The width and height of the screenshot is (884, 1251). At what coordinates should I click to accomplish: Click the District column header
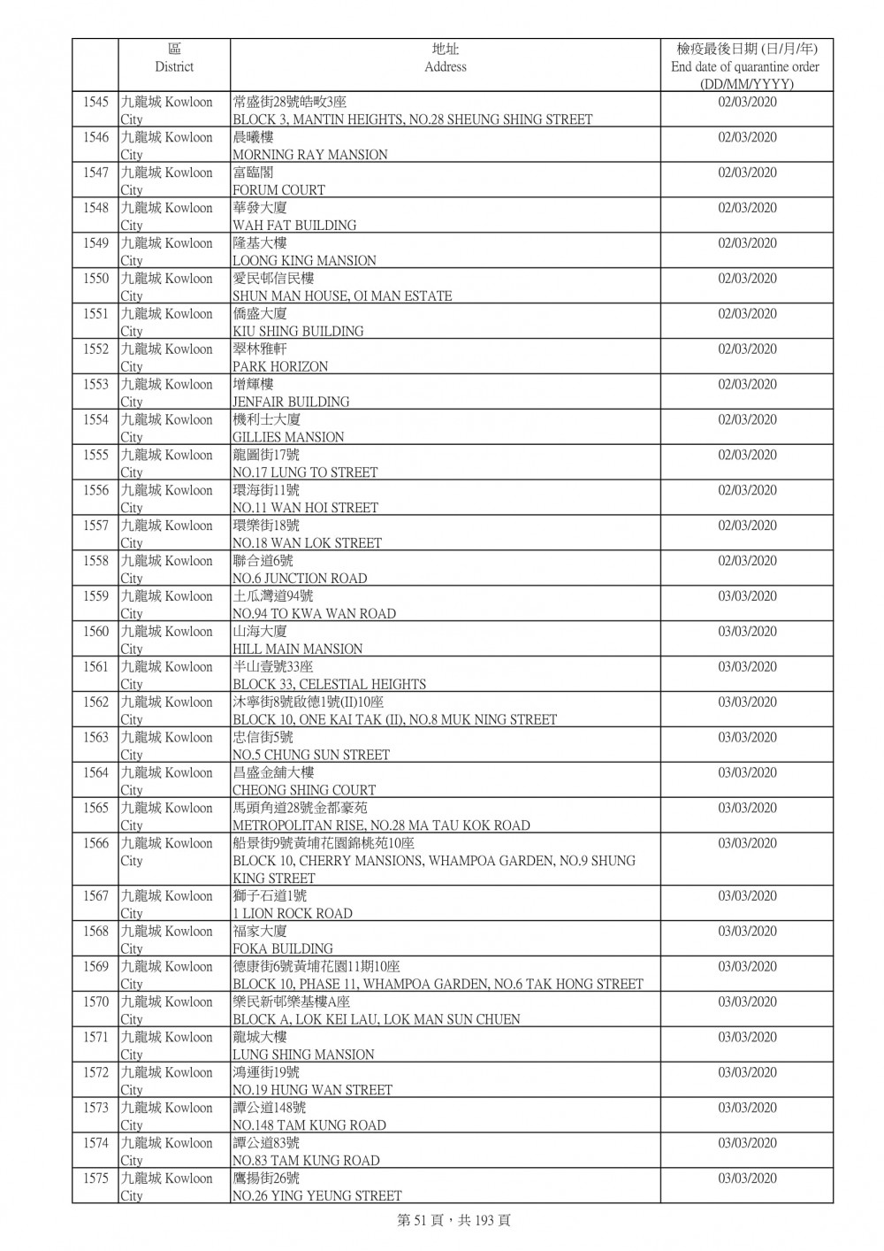point(173,58)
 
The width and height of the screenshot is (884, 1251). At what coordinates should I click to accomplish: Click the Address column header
point(445,58)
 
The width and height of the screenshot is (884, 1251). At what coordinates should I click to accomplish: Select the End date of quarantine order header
point(745,66)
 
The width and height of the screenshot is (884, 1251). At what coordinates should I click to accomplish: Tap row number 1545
point(95,102)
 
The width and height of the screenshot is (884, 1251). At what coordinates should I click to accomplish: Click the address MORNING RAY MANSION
point(309,155)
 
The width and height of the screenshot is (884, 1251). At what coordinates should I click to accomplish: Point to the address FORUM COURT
point(278,190)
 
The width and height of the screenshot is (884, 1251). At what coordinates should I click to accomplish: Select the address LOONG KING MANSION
point(304,261)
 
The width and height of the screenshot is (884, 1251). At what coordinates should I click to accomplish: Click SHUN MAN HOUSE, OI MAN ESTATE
point(341,296)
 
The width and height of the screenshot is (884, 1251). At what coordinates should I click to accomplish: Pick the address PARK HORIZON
point(279,366)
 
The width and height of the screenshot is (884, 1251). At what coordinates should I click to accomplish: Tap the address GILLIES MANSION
point(288,437)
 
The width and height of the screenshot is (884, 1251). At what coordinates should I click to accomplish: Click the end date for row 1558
point(747,561)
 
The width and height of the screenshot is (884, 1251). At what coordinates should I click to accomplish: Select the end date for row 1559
point(747,596)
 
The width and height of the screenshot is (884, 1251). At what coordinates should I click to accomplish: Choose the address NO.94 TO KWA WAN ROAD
point(314,614)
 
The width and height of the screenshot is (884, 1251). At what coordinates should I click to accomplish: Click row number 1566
point(95,843)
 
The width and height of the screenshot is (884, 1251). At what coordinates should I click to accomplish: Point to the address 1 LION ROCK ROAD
point(292,913)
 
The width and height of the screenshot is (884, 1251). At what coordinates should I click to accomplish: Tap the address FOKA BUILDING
point(282,948)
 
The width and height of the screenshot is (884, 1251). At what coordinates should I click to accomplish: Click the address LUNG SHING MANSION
point(302,1055)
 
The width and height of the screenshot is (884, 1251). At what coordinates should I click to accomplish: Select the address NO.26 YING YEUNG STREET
point(316,1196)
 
